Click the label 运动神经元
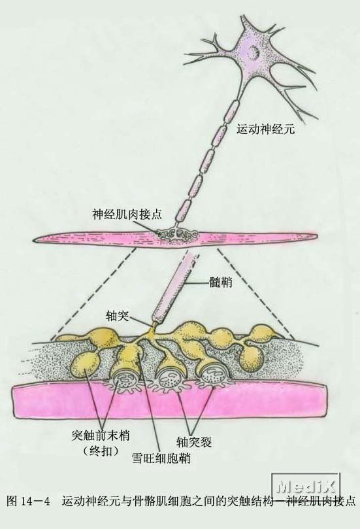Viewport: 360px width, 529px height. click(x=265, y=129)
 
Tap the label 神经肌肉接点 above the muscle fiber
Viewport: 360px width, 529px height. click(x=127, y=214)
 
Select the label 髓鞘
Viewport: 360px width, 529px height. click(x=220, y=282)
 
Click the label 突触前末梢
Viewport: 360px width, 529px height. click(x=101, y=435)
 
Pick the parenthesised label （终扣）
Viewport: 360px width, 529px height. click(x=101, y=451)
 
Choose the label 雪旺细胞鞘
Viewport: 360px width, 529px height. click(x=161, y=458)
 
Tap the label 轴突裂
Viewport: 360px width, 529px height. click(x=193, y=441)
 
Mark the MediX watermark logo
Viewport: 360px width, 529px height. click(x=306, y=486)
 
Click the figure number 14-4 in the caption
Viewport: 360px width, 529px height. click(x=35, y=502)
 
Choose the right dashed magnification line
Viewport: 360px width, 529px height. click(x=255, y=294)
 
